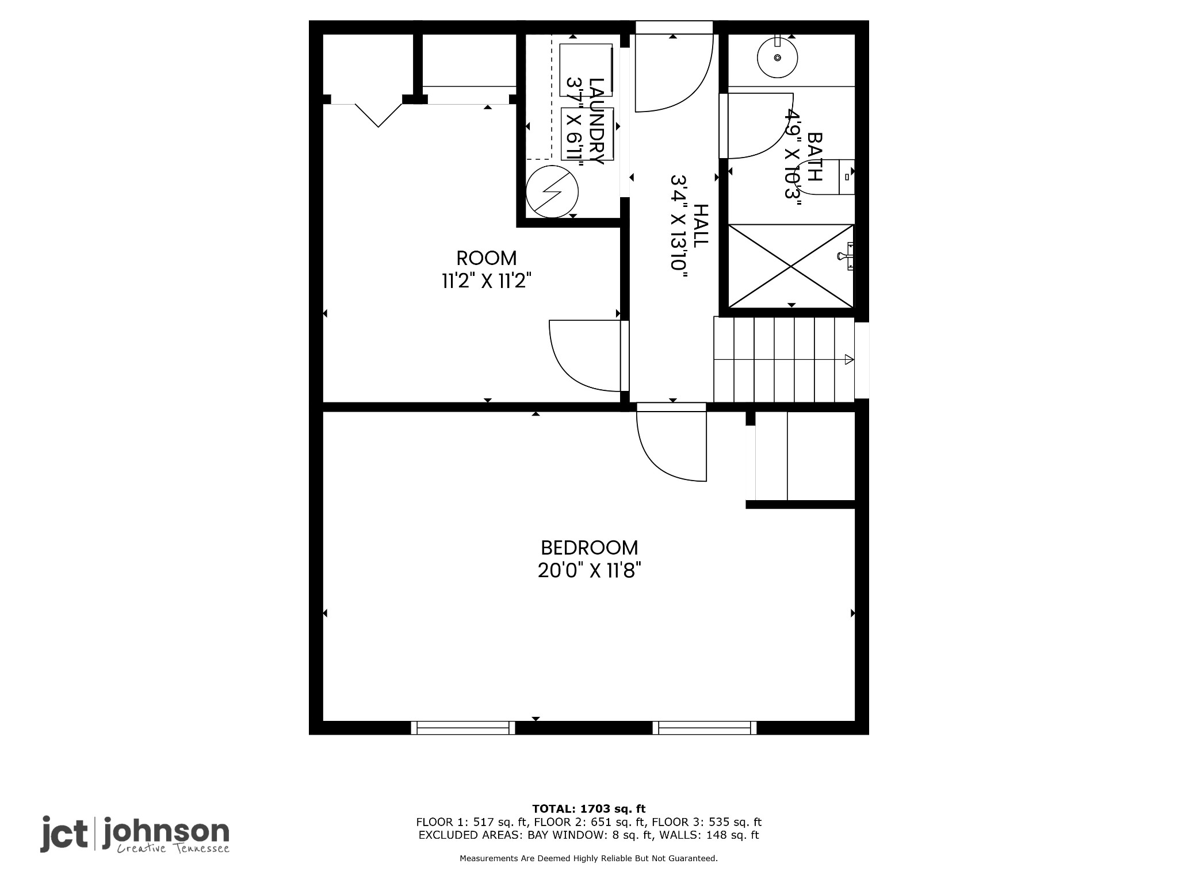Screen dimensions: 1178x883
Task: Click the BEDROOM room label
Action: click(x=590, y=547)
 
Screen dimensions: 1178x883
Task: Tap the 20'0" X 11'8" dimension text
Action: click(x=590, y=571)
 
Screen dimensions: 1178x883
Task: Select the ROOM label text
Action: click(x=487, y=258)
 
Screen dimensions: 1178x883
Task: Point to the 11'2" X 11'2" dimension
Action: click(x=487, y=281)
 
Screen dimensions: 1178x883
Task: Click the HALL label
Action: click(x=701, y=226)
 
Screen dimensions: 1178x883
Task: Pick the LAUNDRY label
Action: click(x=596, y=121)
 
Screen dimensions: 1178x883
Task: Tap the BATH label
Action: click(x=815, y=157)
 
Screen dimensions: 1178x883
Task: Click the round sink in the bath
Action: click(x=778, y=57)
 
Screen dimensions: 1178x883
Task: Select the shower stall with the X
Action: click(x=791, y=266)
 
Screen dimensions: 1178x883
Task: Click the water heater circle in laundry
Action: click(x=552, y=191)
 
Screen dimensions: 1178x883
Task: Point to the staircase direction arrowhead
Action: click(x=849, y=360)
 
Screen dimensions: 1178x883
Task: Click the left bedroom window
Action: click(x=463, y=728)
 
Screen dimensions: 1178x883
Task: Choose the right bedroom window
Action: click(x=705, y=728)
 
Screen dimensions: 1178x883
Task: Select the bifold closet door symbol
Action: click(x=378, y=114)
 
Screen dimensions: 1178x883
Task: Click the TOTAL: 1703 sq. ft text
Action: click(x=589, y=809)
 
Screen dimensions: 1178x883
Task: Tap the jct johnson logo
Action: click(x=135, y=835)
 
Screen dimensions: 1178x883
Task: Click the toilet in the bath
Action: click(x=831, y=178)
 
